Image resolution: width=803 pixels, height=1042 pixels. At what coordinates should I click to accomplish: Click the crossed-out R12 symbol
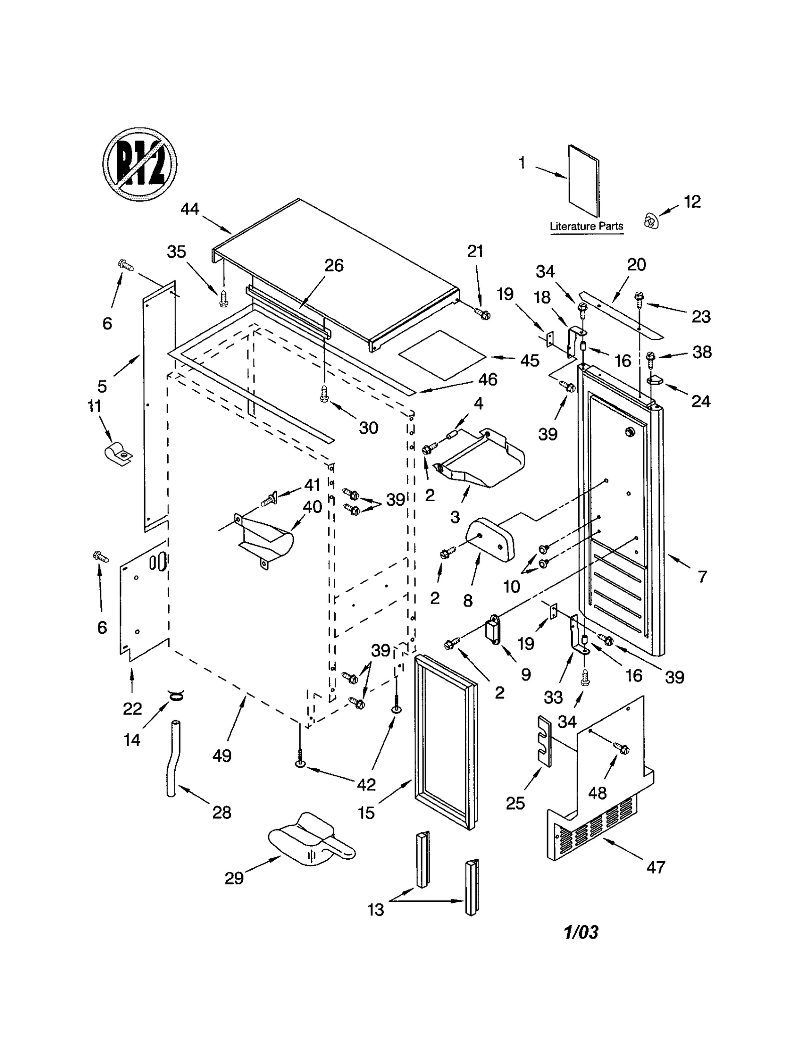[x=140, y=164]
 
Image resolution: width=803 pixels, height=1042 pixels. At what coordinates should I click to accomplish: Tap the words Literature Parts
[x=586, y=226]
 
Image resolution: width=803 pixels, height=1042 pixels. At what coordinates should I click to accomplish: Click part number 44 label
[x=190, y=209]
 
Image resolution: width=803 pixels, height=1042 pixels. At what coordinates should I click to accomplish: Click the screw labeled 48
[x=622, y=749]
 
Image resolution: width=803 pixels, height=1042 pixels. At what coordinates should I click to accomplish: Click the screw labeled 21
[x=484, y=315]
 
